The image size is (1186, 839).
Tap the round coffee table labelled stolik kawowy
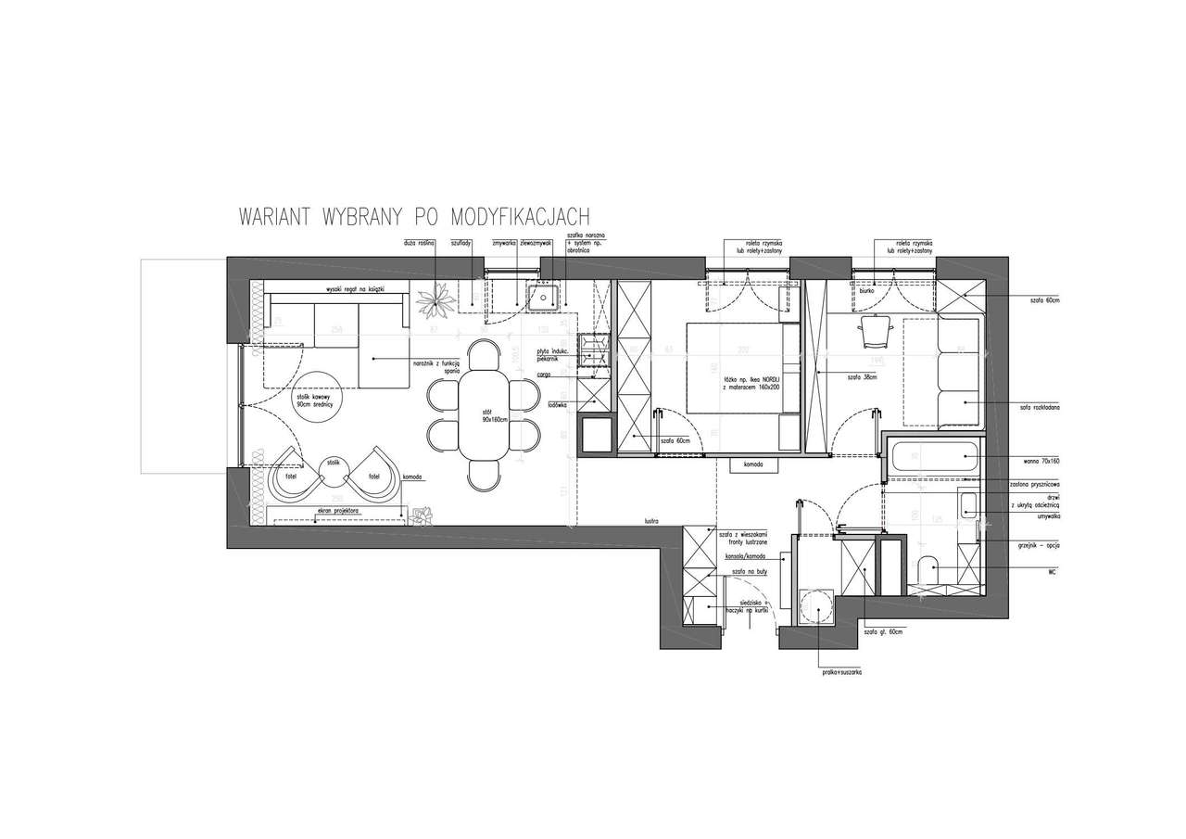[x=316, y=400]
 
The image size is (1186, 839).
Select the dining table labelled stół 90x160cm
[x=485, y=414]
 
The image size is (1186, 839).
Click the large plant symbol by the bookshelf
[x=433, y=300]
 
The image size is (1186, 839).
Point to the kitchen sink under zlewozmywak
[x=544, y=298]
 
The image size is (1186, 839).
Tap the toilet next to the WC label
[x=927, y=567]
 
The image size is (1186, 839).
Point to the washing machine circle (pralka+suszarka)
[x=815, y=604]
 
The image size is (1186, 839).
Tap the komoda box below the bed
[x=751, y=464]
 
